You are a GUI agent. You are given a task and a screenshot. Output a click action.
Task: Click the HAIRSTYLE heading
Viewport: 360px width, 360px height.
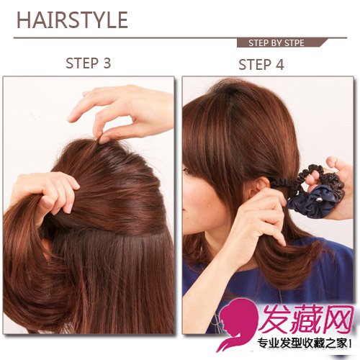72,20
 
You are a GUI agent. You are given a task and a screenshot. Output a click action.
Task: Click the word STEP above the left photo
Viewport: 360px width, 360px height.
82,63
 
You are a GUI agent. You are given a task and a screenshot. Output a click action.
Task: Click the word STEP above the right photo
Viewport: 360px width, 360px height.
255,65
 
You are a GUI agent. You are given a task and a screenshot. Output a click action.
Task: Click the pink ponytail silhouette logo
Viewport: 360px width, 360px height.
235,325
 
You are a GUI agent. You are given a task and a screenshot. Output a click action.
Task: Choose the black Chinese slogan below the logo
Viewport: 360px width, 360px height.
305,344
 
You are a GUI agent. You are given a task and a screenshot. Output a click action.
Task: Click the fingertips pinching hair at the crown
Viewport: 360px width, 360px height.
104,139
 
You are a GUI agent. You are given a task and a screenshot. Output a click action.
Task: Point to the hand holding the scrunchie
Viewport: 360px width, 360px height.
336,187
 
